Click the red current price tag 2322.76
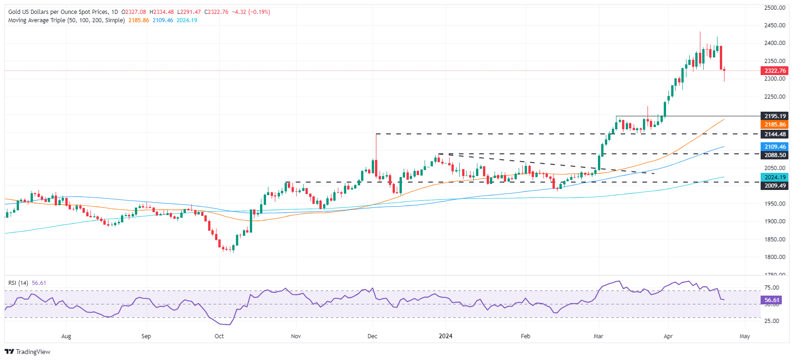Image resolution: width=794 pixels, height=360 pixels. click(775, 71)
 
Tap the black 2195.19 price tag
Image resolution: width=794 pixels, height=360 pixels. click(775, 116)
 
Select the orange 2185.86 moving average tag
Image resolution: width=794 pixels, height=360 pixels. click(775, 125)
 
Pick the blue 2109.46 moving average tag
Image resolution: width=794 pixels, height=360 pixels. click(775, 147)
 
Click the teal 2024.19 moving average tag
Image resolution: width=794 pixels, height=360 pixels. click(775, 177)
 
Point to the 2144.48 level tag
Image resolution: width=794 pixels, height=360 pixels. click(775, 134)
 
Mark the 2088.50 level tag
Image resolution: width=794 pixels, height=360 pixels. click(775, 155)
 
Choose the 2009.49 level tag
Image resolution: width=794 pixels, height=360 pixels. click(775, 186)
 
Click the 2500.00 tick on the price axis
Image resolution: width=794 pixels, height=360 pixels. click(775, 8)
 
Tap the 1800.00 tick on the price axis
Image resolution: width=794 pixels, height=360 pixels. click(775, 257)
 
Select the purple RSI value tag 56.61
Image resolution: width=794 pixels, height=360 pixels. click(772, 300)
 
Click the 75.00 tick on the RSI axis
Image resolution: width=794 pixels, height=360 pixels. click(771, 288)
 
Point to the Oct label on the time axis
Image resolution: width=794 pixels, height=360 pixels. click(219, 336)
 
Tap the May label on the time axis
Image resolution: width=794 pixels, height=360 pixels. click(744, 336)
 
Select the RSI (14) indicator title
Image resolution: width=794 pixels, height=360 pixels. click(18, 283)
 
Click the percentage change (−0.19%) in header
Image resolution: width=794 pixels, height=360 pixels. click(259, 12)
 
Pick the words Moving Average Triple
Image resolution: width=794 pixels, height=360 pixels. click(36, 20)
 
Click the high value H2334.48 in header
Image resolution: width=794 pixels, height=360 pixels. click(161, 12)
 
